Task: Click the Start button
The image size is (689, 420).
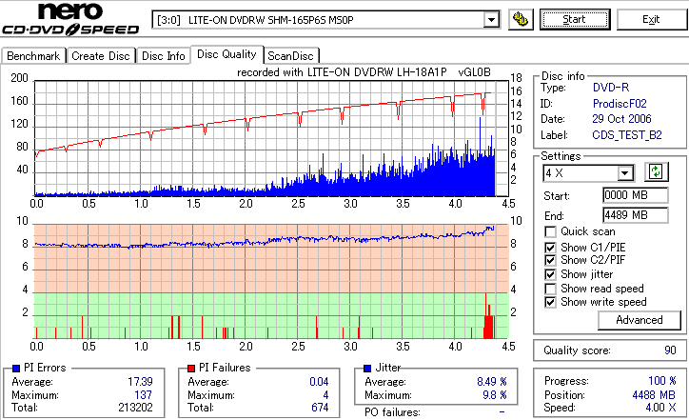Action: click(575, 19)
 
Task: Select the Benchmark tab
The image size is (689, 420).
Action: click(33, 56)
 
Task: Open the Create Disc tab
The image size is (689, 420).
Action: click(100, 56)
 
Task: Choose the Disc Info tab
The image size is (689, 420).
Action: click(164, 56)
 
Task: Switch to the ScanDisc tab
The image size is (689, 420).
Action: click(290, 56)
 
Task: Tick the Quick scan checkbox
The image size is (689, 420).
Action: click(550, 231)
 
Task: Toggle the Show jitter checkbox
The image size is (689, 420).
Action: click(550, 274)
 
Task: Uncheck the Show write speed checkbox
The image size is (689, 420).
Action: click(550, 303)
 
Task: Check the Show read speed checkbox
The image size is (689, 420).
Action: click(550, 289)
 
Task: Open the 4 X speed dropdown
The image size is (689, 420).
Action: click(625, 173)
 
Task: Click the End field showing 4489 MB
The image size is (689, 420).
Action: click(626, 214)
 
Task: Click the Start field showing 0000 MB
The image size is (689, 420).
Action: click(626, 195)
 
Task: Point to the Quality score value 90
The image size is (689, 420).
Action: click(670, 350)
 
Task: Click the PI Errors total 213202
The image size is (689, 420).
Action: click(132, 408)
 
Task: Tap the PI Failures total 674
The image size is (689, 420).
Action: click(319, 408)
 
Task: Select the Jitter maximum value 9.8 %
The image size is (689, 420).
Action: click(496, 395)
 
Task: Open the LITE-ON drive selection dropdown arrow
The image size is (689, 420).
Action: click(491, 19)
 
